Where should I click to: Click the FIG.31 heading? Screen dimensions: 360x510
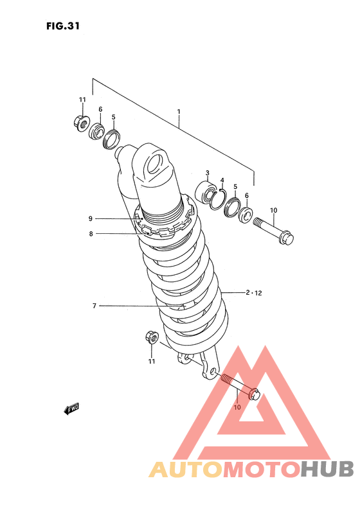click(63, 26)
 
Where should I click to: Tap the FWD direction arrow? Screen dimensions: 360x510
click(71, 409)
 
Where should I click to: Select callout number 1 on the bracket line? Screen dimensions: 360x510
click(179, 112)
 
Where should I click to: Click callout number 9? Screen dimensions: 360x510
click(91, 218)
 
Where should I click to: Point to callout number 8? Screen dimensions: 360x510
click(91, 234)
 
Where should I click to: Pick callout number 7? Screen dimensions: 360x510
click(94, 306)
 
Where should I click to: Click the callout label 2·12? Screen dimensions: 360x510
click(254, 293)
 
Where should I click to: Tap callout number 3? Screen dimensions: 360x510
click(208, 173)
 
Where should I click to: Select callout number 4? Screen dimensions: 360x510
click(222, 180)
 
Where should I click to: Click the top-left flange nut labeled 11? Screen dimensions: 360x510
click(81, 123)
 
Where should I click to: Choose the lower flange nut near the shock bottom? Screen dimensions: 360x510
click(152, 337)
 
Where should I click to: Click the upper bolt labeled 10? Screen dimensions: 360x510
click(273, 231)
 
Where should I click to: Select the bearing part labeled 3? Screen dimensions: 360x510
click(206, 193)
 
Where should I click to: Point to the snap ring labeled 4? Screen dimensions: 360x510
click(217, 199)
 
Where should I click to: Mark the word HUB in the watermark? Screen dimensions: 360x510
click(327, 469)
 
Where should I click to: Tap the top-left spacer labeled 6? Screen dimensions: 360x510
click(96, 131)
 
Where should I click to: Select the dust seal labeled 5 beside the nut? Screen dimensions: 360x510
click(111, 139)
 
